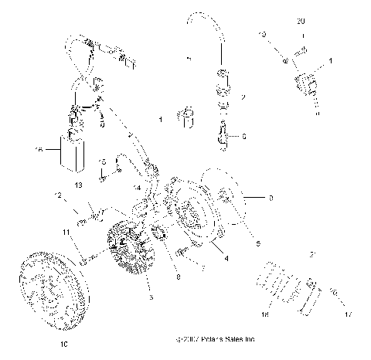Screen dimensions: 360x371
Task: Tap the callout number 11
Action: coord(67,231)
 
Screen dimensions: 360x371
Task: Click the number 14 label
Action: coord(135,188)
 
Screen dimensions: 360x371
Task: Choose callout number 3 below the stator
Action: coord(151,297)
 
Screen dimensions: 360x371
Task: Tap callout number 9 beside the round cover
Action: coord(271,199)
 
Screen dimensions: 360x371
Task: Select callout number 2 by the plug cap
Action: coord(242,98)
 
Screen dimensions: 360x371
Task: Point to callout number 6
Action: coord(244,136)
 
